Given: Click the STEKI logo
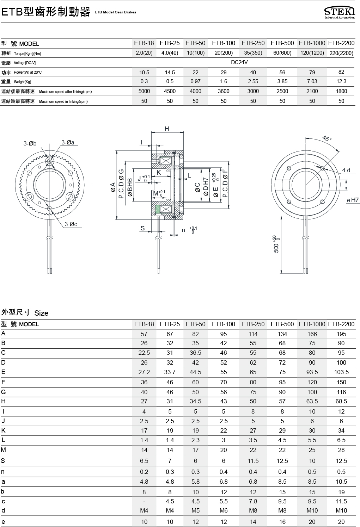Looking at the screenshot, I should coord(339,13).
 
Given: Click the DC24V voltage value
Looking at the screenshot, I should coord(239,62).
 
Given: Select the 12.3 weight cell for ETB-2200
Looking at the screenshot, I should coord(341,81).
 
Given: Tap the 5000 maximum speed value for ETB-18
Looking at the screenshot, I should coord(144,91).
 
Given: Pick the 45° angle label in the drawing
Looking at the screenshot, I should coord(327,139).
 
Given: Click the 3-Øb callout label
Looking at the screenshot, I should coord(30,144).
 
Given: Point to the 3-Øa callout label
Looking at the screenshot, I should coord(68,143).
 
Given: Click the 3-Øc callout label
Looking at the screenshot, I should coord(71,224).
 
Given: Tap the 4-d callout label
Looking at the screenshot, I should coord(346,170).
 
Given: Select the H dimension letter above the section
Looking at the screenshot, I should coord(167,129).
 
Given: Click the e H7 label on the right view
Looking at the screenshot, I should coord(353,200).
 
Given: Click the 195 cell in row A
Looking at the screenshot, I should coord(341,334).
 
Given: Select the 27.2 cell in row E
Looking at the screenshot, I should coord(144,372).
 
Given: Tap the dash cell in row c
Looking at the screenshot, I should coord(144,501).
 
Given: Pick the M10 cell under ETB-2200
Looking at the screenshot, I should coord(341,511).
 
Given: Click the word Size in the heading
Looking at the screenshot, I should coord(41,313).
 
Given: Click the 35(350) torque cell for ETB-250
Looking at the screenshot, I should coord(253,53).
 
